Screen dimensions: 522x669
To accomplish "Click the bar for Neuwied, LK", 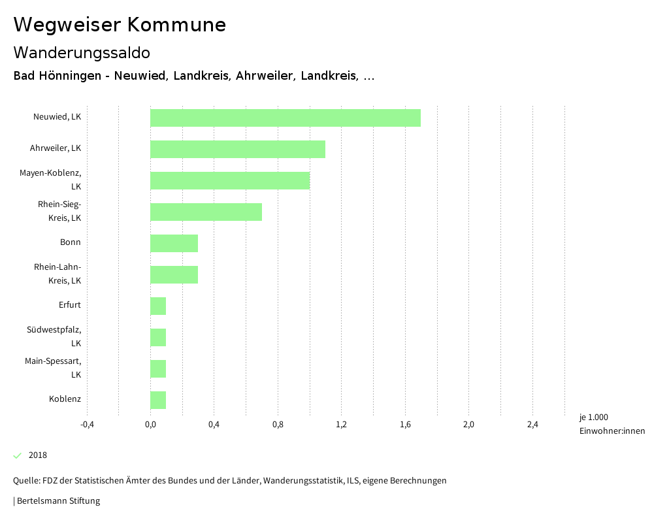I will coord(285,118).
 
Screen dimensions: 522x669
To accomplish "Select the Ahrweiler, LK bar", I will coord(237,149).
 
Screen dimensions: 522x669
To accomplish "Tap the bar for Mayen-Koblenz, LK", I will coord(229,180).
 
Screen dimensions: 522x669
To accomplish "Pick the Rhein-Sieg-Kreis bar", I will coord(206,212).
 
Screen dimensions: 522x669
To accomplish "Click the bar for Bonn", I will coord(174,243).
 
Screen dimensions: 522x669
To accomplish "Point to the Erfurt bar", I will coord(158,306).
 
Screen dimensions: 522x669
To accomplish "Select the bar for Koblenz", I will coord(158,400).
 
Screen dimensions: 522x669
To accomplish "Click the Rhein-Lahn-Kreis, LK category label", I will coord(57,274).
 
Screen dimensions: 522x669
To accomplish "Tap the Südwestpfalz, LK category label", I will coord(54,336).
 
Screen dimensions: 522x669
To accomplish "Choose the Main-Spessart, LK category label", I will coord(53,368).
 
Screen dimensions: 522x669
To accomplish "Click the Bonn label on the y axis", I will coord(71,242).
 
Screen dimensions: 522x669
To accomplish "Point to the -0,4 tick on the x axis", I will coord(87,425).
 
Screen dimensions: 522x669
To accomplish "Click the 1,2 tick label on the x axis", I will coord(341,425).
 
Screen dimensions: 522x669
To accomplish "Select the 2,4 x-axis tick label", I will coord(532,425).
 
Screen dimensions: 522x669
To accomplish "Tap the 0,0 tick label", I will coord(150,425).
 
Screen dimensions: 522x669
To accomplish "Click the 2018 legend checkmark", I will coord(18,455).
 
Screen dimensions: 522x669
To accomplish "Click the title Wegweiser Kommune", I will coord(120,25).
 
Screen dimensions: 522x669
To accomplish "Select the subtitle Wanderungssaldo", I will coord(82,52).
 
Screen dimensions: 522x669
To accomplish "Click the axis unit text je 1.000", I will coord(593,417).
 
